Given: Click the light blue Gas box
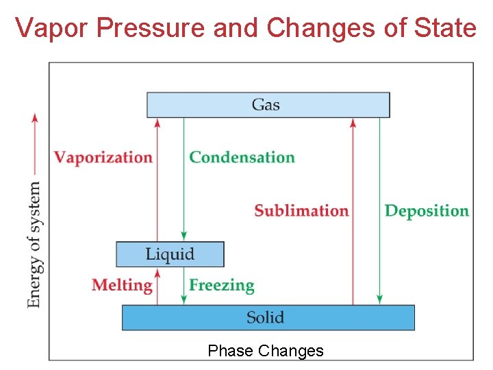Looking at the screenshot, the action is (268, 105).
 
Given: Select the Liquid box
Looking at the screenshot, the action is (170, 254).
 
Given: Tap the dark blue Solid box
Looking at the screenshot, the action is (268, 317).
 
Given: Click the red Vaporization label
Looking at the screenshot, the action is (103, 157).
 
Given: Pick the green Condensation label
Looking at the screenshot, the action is (242, 157).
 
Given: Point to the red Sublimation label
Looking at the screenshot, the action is (301, 210).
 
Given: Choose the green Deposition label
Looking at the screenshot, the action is (427, 210).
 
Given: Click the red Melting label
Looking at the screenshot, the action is (122, 285).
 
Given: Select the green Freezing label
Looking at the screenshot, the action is (221, 285).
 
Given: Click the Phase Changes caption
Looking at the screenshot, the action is (265, 351).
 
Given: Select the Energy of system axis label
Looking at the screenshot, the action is (34, 244).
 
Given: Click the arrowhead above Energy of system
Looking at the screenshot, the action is (34, 116).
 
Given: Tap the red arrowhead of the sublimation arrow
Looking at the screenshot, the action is (353, 122).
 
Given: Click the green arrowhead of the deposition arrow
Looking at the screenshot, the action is (379, 299).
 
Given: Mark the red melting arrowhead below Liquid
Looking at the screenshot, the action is (157, 272).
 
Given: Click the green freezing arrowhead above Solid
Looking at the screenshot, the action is (184, 299).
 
